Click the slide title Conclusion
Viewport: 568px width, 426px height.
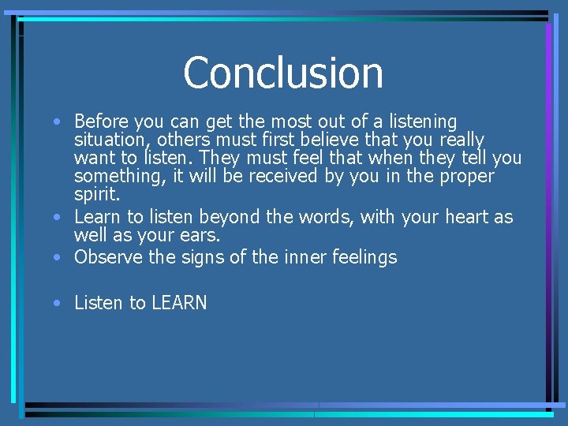pyautogui.click(x=283, y=73)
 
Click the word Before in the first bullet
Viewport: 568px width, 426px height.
pyautogui.click(x=102, y=121)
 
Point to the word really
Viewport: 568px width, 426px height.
pyautogui.click(x=458, y=140)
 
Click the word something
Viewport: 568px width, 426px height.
pyautogui.click(x=117, y=176)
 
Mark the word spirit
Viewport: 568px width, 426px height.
pyautogui.click(x=95, y=194)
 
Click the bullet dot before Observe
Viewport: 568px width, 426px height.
pyautogui.click(x=59, y=257)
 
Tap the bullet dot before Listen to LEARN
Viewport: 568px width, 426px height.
pyautogui.click(x=59, y=303)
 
